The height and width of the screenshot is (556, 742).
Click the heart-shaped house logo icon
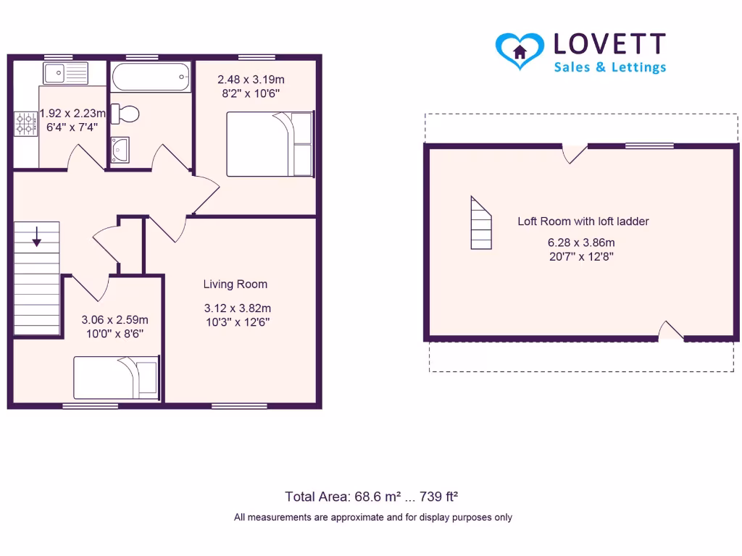coord(520,50)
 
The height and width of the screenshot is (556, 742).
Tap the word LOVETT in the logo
coord(609,44)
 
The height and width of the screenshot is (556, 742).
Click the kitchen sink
coord(65,73)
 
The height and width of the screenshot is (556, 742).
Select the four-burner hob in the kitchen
coord(25,123)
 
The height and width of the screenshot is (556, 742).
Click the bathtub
coord(151,76)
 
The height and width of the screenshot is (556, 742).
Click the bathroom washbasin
coord(120,148)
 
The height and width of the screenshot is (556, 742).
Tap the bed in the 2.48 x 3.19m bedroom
coord(270,143)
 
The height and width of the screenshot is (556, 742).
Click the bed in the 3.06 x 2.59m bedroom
coord(116,377)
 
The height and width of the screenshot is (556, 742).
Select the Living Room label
coord(235,285)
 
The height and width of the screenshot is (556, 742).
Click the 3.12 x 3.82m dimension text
coord(238,308)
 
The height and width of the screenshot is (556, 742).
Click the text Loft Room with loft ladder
coord(583,222)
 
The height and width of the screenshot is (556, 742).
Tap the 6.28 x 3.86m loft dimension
coord(581,243)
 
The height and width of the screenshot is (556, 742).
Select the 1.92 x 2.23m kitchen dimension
coord(72,113)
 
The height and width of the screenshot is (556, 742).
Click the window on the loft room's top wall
coord(649,146)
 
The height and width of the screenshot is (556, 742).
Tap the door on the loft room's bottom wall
coord(671,332)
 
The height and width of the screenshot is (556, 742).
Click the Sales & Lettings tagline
coord(609,67)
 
